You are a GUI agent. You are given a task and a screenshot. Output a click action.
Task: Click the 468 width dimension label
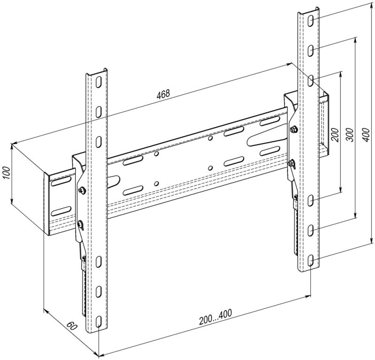163,94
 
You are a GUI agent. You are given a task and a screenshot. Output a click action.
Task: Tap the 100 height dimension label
7,172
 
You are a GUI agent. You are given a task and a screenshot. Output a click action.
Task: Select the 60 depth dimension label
72,326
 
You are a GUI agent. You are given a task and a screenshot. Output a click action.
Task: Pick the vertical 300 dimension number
350,135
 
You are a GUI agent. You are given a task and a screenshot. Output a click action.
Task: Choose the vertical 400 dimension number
366,135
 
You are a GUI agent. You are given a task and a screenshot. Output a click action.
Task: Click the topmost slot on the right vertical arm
310,21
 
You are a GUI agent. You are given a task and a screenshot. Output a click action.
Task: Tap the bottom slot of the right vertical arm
310,260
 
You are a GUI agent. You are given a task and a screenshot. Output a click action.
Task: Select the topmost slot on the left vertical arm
98,82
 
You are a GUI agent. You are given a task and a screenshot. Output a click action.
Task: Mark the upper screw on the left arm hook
82,190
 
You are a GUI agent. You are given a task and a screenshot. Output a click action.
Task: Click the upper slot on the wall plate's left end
61,182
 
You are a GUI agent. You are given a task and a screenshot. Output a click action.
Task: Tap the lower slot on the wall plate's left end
61,211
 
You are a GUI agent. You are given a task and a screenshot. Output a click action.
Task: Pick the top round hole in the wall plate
210,138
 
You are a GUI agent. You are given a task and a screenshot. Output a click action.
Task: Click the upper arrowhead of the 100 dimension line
12,146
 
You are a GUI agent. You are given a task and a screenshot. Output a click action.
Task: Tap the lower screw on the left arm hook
80,225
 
